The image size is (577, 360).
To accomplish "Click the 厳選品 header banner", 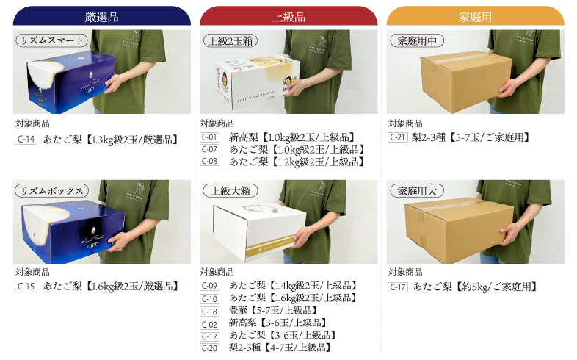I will click(x=102, y=15).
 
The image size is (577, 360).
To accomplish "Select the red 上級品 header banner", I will click(x=288, y=15).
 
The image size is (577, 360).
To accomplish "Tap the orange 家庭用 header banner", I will click(x=475, y=15).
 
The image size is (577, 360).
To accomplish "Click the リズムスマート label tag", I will click(x=52, y=41).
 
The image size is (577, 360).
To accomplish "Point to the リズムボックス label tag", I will click(x=52, y=191).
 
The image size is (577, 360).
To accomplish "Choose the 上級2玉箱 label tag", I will click(x=231, y=41).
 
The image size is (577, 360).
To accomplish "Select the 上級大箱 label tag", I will click(x=231, y=191).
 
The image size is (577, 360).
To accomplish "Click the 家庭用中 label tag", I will click(x=416, y=41).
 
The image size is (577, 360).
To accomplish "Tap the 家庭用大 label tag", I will click(x=416, y=191).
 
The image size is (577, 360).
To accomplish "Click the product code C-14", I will click(x=26, y=139).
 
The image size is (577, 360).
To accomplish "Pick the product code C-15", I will click(x=26, y=286).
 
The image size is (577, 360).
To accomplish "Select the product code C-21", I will click(x=398, y=137).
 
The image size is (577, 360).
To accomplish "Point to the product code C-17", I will click(x=398, y=287).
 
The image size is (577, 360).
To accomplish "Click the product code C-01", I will click(x=210, y=137).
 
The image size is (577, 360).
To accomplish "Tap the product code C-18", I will click(x=210, y=311).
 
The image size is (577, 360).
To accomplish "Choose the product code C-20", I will click(x=210, y=348).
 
